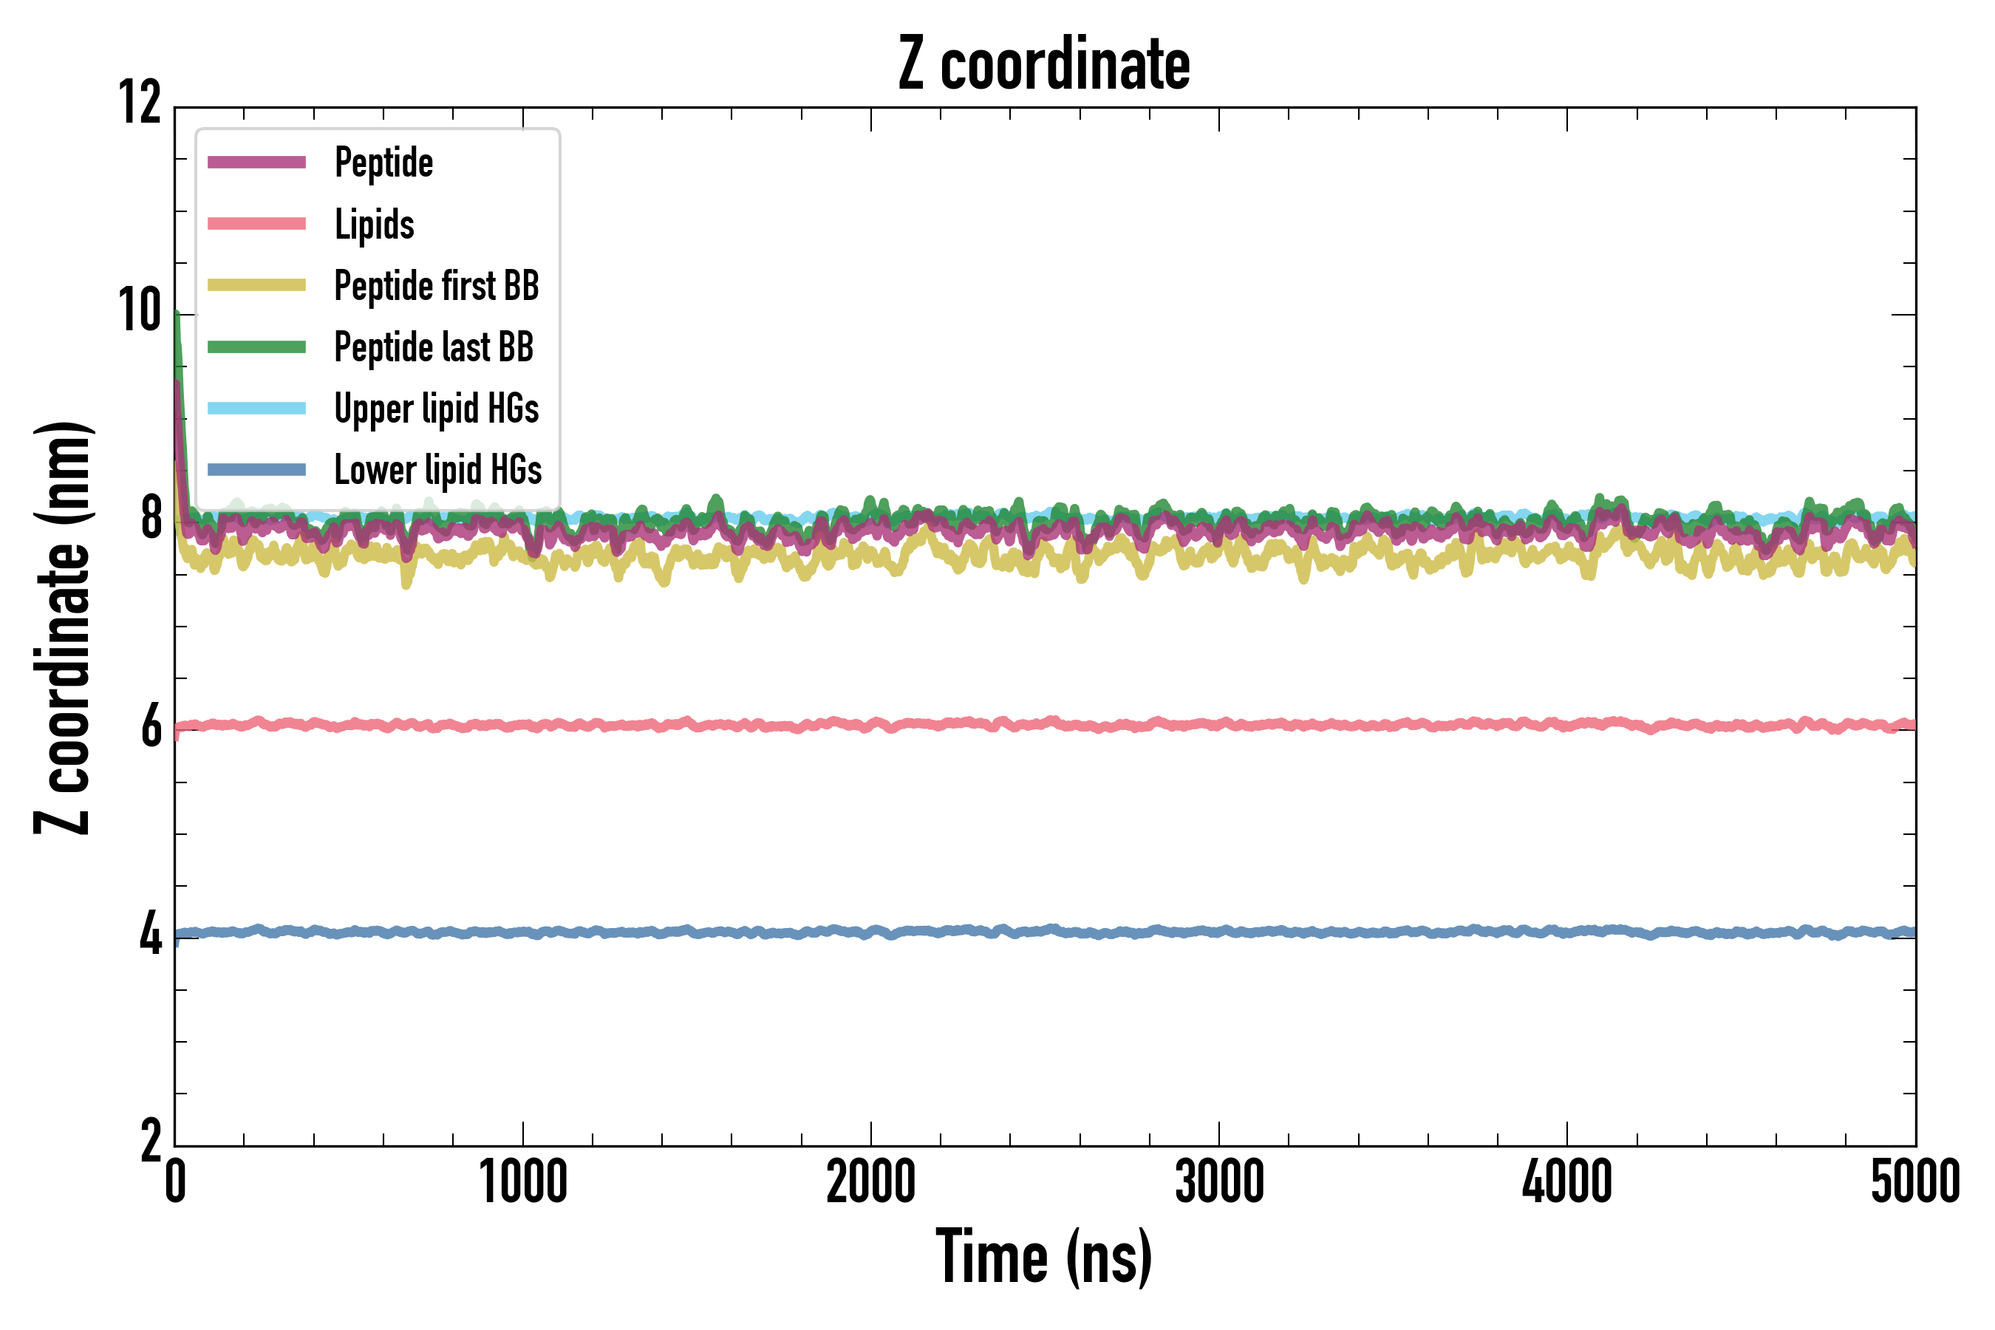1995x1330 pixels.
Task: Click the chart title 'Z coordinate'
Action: (x=1044, y=64)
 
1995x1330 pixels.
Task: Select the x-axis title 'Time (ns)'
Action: (x=1044, y=1257)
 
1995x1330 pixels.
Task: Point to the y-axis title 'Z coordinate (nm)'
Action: (x=63, y=627)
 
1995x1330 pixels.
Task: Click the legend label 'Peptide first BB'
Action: (x=436, y=286)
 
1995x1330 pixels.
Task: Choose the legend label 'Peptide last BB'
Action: (x=434, y=347)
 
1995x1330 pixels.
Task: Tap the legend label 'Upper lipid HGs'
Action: (x=436, y=409)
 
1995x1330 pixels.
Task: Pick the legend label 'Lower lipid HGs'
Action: (x=437, y=470)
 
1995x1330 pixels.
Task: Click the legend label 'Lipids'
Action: (x=374, y=225)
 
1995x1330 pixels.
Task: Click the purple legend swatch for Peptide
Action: (x=256, y=163)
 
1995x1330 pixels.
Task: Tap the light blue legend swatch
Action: (x=256, y=409)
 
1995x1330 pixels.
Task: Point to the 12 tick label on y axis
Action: (x=140, y=103)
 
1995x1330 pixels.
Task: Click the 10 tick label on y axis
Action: (x=140, y=311)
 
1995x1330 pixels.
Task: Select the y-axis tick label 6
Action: (x=151, y=728)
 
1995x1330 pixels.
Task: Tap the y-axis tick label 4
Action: (x=151, y=935)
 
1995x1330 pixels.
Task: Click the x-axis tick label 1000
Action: (x=522, y=1181)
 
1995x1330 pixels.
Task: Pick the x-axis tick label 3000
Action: (x=1219, y=1181)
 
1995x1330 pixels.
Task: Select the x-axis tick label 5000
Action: (x=1914, y=1181)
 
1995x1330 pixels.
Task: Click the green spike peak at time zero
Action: (x=177, y=316)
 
